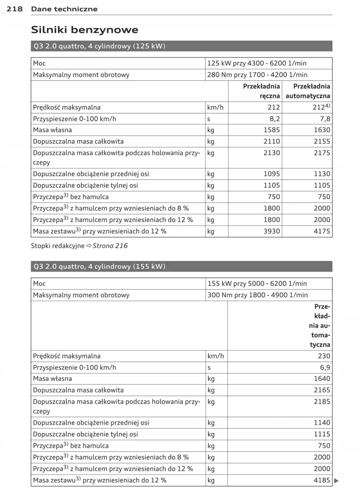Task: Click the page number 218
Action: (15, 9)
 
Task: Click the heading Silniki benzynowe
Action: (84, 30)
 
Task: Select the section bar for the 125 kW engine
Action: (182, 46)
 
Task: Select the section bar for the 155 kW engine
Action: (182, 267)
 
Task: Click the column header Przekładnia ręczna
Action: (261, 91)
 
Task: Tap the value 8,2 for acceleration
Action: (274, 119)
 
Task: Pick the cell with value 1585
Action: (271, 130)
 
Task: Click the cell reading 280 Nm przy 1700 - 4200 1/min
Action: (257, 75)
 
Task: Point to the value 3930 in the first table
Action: (271, 231)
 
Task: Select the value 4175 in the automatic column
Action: (322, 231)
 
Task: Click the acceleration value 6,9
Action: (325, 367)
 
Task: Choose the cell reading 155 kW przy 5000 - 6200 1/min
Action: (257, 283)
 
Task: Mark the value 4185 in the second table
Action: (322, 480)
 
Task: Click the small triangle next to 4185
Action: (336, 480)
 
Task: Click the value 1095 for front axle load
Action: (271, 174)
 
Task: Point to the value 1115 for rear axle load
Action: (322, 434)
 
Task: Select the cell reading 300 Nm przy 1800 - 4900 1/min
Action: (257, 295)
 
